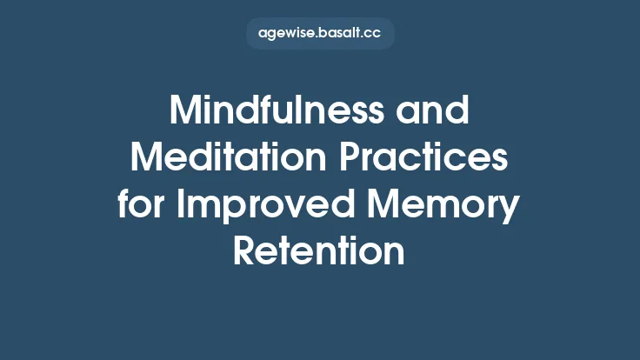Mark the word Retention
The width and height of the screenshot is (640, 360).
pos(320,252)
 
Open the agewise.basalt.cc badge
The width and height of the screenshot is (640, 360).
pos(320,34)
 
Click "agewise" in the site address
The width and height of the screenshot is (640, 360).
pos(283,34)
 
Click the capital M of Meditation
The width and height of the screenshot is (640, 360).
pos(148,160)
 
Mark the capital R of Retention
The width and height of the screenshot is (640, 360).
pos(245,252)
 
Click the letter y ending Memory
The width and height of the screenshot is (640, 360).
pos(510,210)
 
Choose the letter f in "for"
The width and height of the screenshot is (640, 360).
pos(124,206)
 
